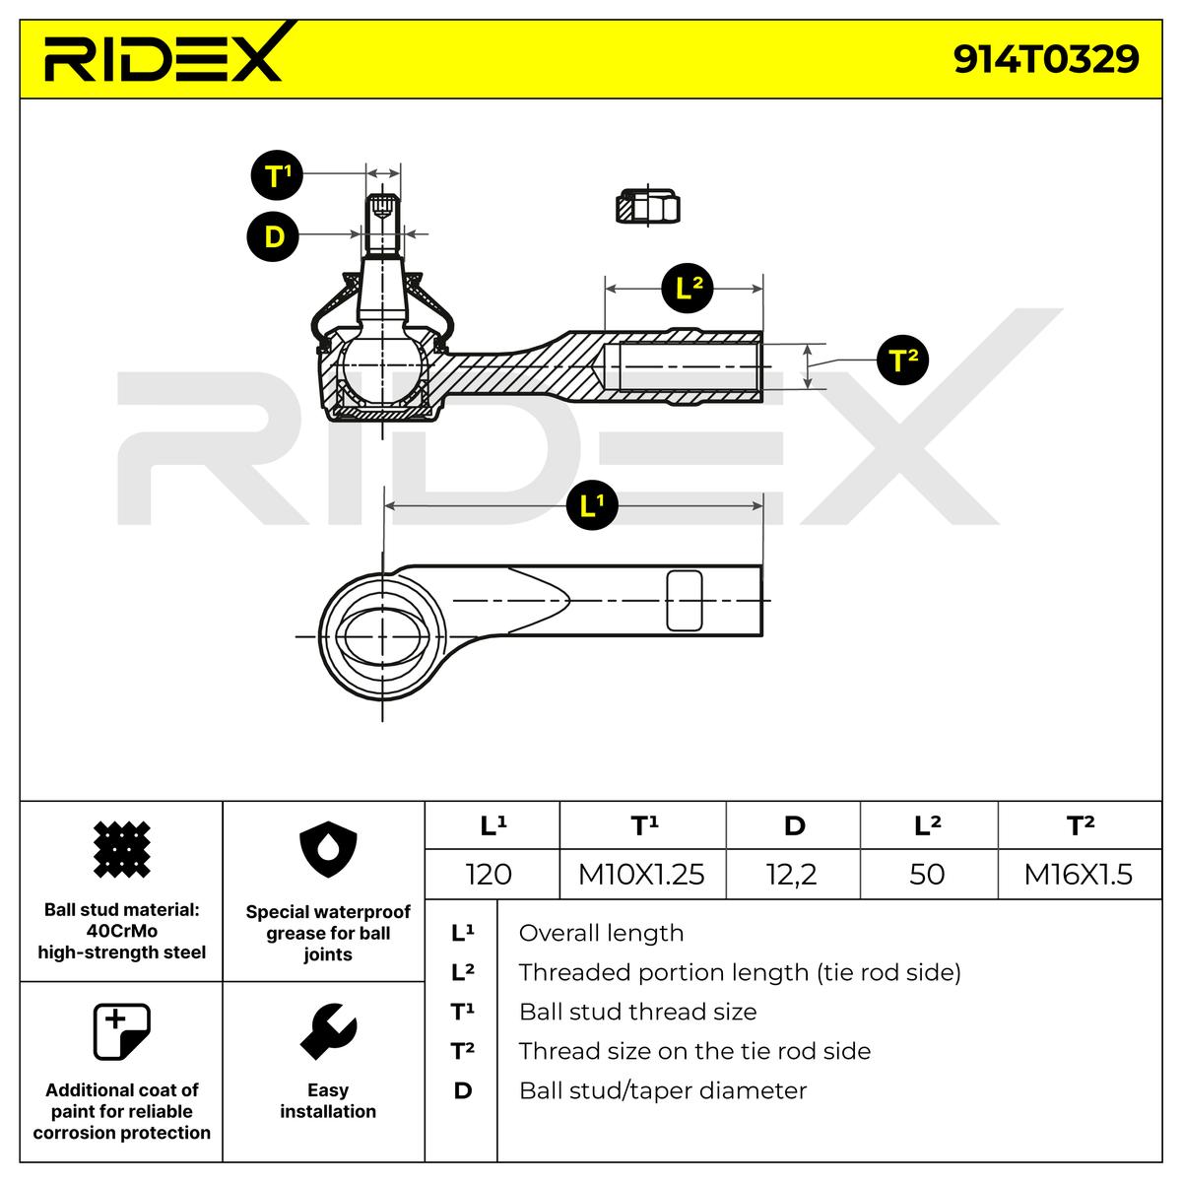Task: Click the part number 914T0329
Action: tap(1045, 58)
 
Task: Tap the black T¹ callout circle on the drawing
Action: tap(274, 175)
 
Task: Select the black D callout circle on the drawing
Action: tap(272, 235)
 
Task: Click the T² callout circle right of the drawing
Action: tap(902, 360)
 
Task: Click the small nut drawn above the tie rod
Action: tap(648, 206)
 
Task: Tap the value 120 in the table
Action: tap(490, 874)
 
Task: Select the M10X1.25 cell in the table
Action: tap(641, 874)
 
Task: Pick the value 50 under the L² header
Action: tap(927, 874)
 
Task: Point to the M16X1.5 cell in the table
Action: tap(1079, 874)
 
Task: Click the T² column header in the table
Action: tap(1081, 825)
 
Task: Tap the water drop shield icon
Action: tap(327, 852)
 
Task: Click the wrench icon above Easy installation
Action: tap(327, 1032)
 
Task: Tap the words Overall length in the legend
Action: tap(601, 933)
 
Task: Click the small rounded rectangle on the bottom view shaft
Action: tap(685, 600)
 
